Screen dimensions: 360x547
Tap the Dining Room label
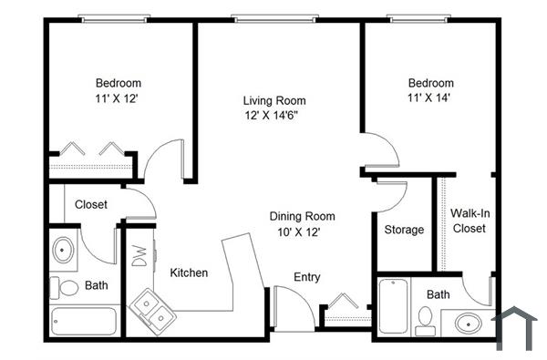coord(302,217)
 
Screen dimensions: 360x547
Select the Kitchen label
coord(189,273)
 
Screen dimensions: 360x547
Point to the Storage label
coord(404,230)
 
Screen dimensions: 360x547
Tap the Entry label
coord(306,277)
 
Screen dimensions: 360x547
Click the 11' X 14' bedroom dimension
coord(430,98)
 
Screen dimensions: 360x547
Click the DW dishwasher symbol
coord(139,257)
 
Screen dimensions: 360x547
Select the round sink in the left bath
coord(65,249)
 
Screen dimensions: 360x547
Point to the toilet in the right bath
coord(423,318)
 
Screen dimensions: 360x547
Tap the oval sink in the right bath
coord(469,323)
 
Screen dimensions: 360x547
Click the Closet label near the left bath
coord(91,205)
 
